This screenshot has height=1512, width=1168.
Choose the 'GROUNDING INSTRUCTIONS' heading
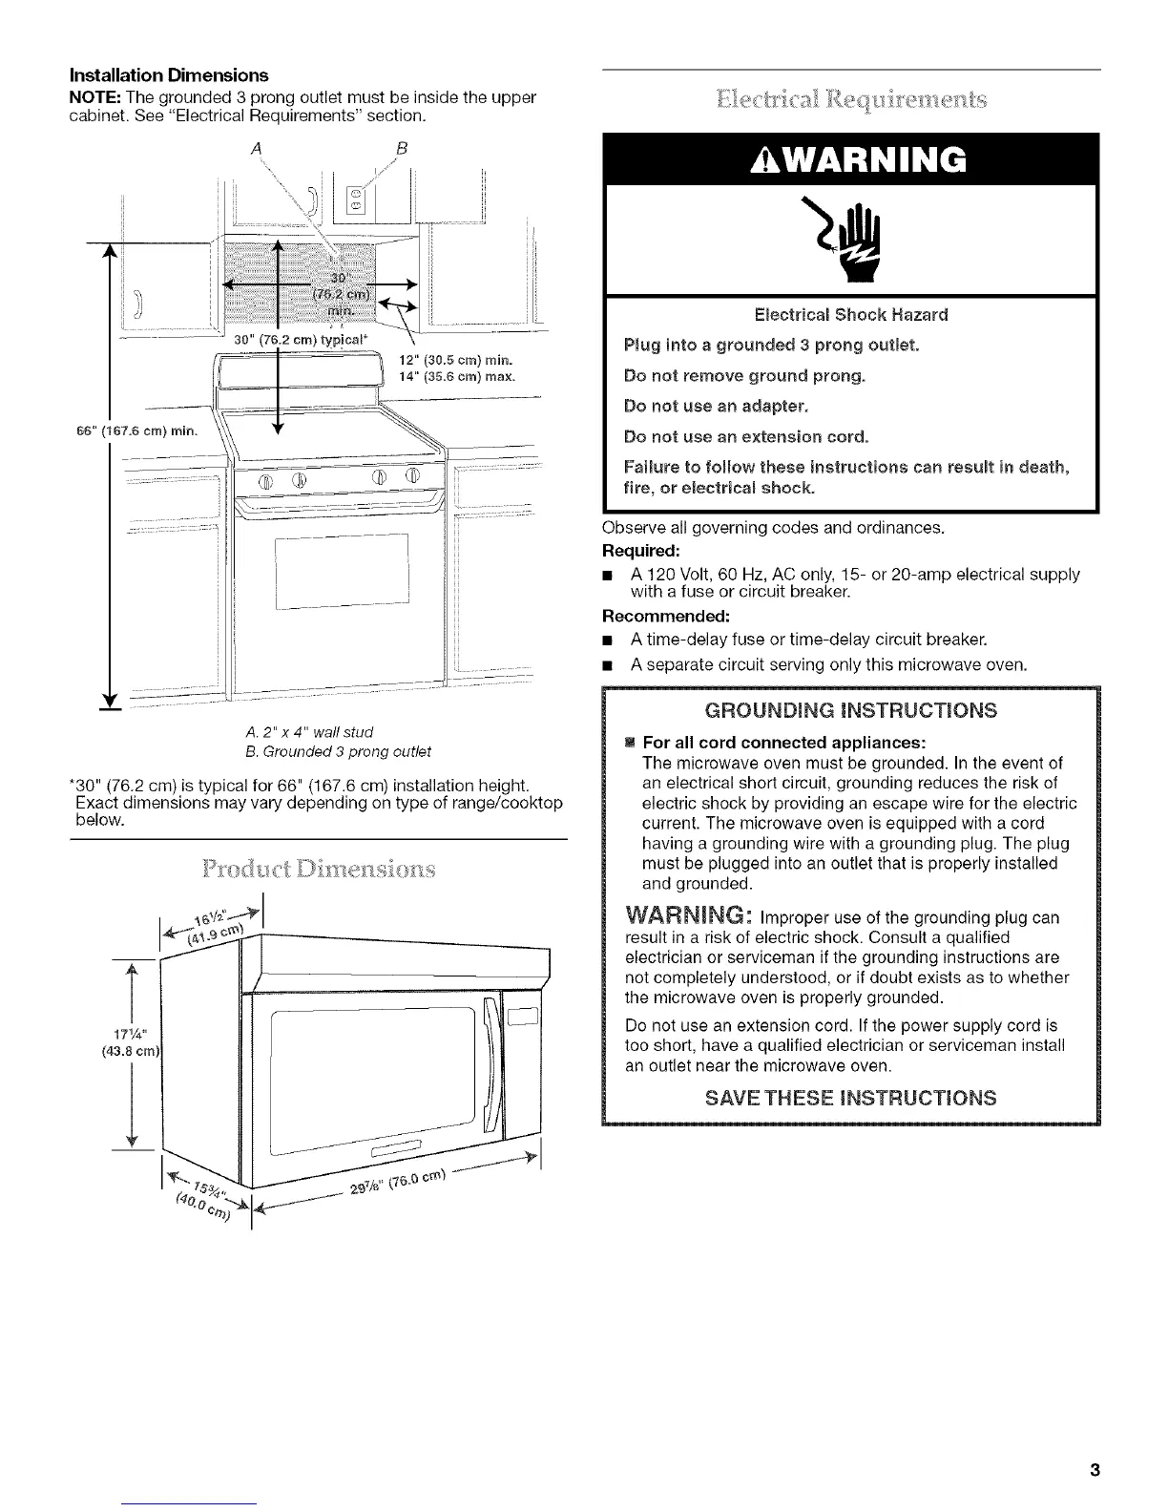click(x=851, y=710)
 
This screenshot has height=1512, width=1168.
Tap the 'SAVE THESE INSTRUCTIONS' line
click(x=851, y=1097)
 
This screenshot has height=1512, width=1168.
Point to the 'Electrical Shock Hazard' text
click(x=851, y=314)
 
